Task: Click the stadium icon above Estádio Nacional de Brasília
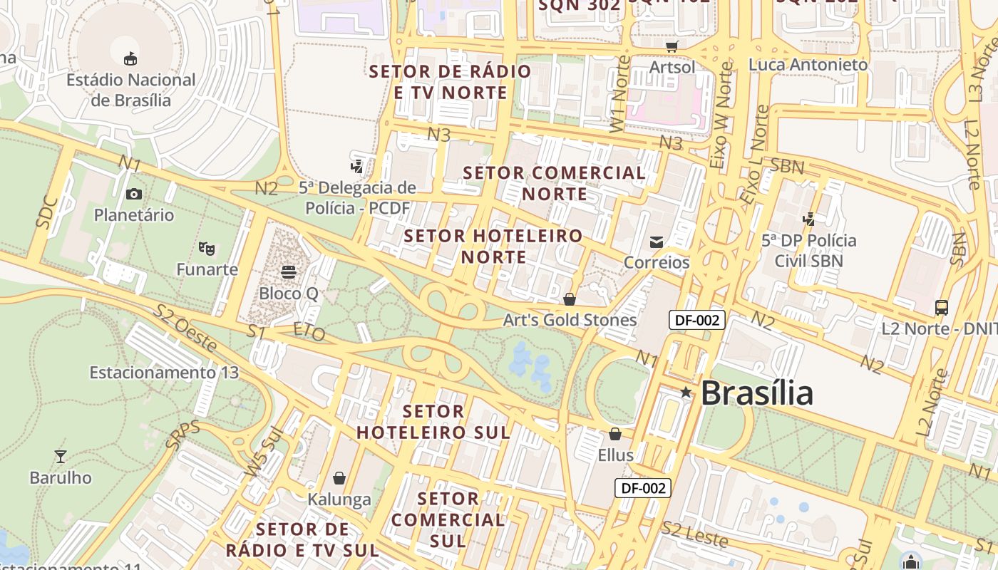[130, 58]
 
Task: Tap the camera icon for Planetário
[133, 194]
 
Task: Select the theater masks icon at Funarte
[207, 248]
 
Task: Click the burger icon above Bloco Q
[288, 271]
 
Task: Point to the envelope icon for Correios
[657, 242]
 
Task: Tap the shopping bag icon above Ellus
[615, 433]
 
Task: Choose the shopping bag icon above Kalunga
[339, 477]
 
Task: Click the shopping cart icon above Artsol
[672, 46]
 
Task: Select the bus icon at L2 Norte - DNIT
[942, 307]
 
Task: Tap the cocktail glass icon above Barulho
[61, 456]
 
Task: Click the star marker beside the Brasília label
[686, 393]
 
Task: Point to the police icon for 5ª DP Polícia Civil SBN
[808, 219]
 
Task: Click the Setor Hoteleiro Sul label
[433, 422]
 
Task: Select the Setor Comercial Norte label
[555, 183]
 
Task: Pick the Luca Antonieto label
[808, 65]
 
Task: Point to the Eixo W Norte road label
[721, 115]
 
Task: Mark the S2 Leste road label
[694, 534]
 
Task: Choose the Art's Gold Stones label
[570, 320]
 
